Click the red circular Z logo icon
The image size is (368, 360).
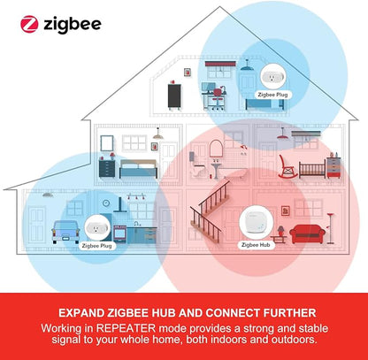[29, 24]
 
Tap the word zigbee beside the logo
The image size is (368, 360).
[73, 25]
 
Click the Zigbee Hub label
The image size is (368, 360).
[256, 245]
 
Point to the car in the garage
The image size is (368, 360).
[65, 232]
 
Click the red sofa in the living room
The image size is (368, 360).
[307, 234]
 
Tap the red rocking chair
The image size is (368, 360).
[287, 166]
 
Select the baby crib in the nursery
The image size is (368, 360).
[312, 170]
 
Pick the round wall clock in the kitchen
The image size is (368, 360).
[106, 203]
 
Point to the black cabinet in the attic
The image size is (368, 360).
[174, 96]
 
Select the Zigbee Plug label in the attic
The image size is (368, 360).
[273, 95]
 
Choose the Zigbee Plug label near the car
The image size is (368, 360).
[96, 246]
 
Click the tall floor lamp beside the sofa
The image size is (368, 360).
[331, 228]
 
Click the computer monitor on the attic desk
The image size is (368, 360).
[209, 87]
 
